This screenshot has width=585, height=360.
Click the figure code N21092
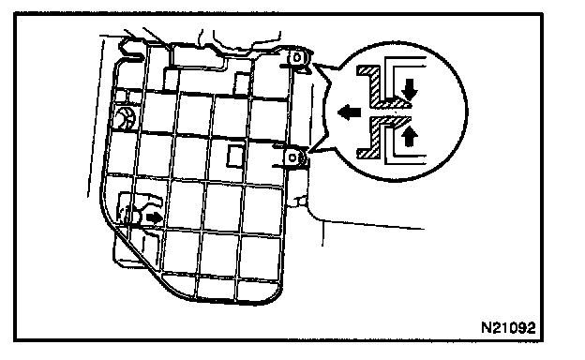(x=508, y=327)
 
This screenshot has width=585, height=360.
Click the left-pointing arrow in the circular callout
(x=349, y=112)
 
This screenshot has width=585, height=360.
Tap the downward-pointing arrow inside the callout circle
(x=410, y=89)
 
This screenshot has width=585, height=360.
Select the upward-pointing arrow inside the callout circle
(x=410, y=136)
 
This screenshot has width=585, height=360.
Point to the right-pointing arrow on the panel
(x=154, y=217)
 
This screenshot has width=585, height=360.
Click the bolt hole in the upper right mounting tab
(x=297, y=58)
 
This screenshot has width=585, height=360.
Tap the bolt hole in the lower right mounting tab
(x=292, y=157)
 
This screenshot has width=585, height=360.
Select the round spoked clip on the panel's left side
(x=125, y=117)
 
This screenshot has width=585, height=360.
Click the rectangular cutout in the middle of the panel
(x=235, y=156)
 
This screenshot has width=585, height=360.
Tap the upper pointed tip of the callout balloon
(x=313, y=64)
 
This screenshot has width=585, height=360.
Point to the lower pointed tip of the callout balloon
(x=310, y=152)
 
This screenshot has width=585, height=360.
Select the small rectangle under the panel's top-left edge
(x=172, y=80)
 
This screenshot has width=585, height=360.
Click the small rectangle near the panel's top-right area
(x=241, y=84)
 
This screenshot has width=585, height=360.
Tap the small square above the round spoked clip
(x=120, y=96)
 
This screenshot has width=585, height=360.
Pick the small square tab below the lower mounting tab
(x=302, y=202)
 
